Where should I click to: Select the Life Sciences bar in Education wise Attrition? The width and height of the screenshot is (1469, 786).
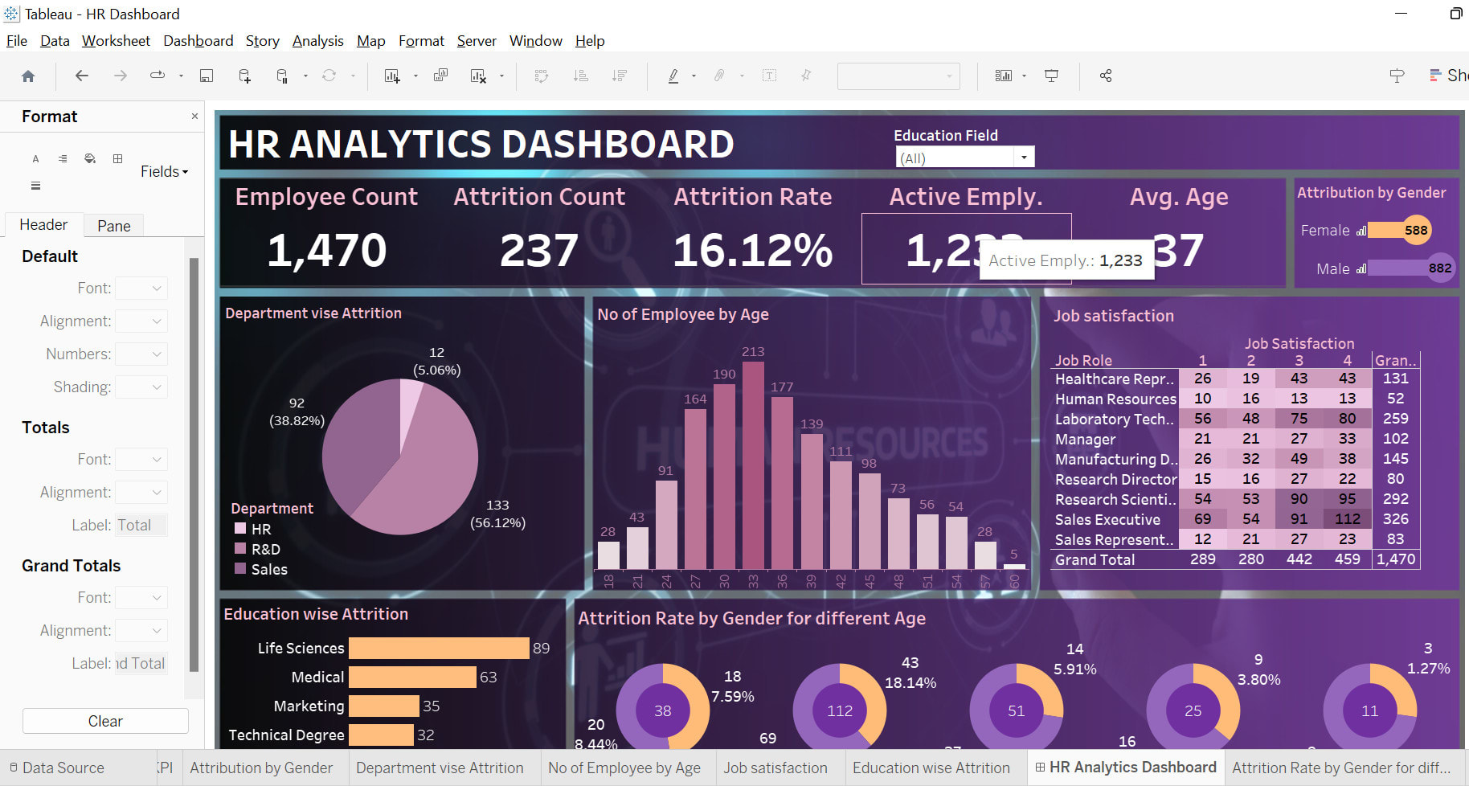pos(439,649)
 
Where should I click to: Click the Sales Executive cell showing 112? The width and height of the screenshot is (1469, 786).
pos(1347,519)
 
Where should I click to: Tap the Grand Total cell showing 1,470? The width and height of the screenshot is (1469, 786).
pos(1395,559)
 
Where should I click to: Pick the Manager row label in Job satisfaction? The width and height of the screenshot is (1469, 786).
pos(1085,440)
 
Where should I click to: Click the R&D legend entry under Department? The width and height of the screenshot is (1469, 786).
pos(265,550)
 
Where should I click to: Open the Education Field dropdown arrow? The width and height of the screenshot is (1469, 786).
pos(1023,158)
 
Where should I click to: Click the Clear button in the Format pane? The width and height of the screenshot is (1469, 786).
pos(105,721)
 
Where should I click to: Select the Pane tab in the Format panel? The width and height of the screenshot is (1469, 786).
pos(113,226)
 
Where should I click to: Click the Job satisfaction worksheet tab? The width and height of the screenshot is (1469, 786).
pos(775,768)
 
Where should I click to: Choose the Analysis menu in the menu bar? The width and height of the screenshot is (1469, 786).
pos(317,41)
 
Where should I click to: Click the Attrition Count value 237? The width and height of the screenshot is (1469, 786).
pos(538,250)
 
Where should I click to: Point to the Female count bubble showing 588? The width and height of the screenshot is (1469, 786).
pos(1415,231)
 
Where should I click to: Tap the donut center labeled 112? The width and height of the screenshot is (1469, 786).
pos(839,710)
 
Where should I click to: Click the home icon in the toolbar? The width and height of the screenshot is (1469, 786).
pos(28,76)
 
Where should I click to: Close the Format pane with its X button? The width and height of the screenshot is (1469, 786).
pos(194,117)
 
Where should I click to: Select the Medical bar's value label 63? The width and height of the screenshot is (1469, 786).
pos(489,678)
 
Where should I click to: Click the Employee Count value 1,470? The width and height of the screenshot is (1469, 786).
pos(326,250)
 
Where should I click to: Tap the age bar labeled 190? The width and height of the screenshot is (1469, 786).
pos(724,476)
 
